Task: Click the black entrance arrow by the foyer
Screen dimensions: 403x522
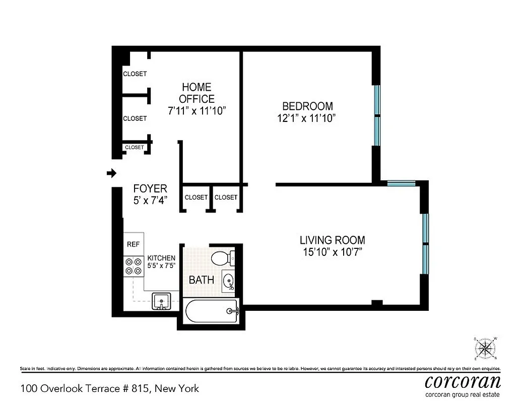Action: [x=111, y=173]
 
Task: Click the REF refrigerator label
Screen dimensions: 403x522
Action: [x=133, y=244]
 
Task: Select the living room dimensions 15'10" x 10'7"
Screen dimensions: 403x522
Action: [x=332, y=251]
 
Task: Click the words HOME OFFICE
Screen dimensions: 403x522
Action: [x=197, y=93]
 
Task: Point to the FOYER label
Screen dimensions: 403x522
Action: [x=150, y=189]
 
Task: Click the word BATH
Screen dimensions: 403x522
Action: [x=202, y=280]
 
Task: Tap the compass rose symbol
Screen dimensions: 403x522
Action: [x=486, y=348]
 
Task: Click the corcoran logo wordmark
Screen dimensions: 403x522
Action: [x=463, y=380]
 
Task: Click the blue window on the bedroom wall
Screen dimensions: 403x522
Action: [x=376, y=116]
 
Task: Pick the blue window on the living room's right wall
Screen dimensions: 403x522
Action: [x=425, y=244]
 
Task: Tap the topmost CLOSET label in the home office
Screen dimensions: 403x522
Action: [x=135, y=74]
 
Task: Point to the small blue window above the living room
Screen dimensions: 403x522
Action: [x=402, y=184]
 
